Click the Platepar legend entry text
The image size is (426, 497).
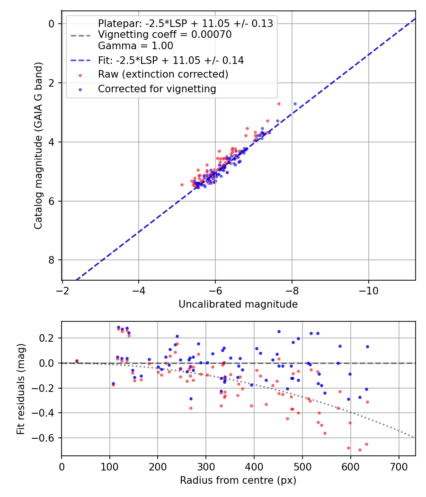(x=185, y=24)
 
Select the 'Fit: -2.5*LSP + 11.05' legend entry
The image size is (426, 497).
(x=171, y=60)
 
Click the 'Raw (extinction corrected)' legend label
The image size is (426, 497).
(x=163, y=75)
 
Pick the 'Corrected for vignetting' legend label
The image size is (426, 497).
(x=157, y=89)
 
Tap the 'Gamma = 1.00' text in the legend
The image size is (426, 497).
(x=135, y=46)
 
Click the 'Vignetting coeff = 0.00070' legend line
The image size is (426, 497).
(x=165, y=35)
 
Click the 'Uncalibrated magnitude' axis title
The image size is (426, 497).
(x=238, y=304)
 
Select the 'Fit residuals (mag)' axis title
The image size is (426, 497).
(x=21, y=389)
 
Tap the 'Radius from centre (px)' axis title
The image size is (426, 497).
(x=238, y=480)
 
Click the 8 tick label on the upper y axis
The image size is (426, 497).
(x=52, y=260)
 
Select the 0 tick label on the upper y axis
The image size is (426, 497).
(x=52, y=24)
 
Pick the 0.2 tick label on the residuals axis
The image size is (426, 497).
(x=47, y=338)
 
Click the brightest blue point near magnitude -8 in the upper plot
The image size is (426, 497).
(x=295, y=104)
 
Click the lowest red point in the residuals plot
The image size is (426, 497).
(x=360, y=450)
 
